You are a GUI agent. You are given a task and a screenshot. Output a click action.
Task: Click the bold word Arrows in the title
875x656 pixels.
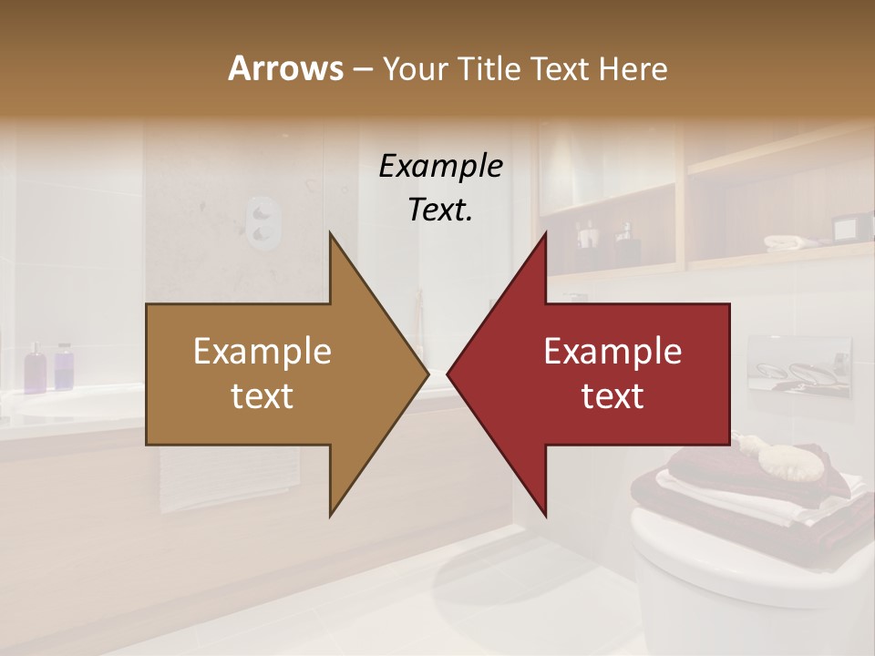coord(285,68)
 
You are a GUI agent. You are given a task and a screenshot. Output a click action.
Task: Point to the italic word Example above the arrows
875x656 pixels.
coord(440,166)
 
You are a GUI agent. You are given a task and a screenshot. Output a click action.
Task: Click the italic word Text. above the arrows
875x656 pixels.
coord(440,210)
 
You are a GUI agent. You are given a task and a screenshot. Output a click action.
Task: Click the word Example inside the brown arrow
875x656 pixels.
coord(262,352)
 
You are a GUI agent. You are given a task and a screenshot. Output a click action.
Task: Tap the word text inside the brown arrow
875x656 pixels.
coord(262,395)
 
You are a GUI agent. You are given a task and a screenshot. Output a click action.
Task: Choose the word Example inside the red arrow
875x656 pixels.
coord(612,352)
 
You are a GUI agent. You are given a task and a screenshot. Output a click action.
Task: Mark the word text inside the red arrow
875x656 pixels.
coord(612,395)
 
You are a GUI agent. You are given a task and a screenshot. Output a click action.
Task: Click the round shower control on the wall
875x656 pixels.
coord(263,222)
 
